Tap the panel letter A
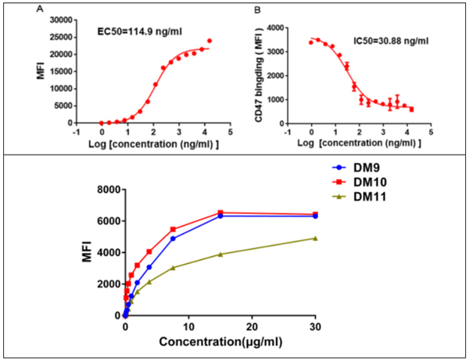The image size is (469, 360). click(38, 10)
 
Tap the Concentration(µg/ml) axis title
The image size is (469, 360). click(220, 342)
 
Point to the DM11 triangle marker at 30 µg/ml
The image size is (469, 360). click(315, 238)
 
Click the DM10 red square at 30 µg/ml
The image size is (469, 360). click(315, 214)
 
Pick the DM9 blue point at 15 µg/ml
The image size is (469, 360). click(220, 216)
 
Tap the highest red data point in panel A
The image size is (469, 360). click(209, 41)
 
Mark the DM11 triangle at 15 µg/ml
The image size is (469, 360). click(220, 254)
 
